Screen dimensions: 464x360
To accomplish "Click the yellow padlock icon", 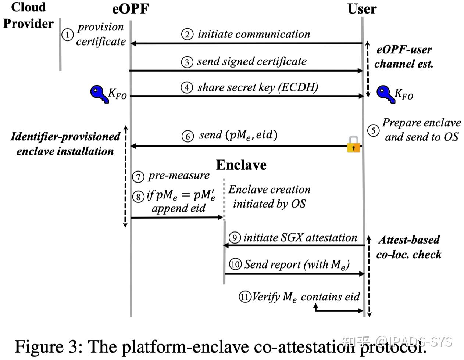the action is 353,144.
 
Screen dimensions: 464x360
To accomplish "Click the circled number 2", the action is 187,34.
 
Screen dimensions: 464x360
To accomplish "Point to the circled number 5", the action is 373,130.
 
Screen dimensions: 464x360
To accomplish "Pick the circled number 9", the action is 235,238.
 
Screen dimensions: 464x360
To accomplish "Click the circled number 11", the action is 245,297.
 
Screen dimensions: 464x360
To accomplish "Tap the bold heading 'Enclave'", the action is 241,165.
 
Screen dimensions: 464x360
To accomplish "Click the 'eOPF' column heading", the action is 131,9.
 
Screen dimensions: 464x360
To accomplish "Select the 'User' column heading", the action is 362,9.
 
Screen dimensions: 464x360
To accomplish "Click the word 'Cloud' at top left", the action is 28,7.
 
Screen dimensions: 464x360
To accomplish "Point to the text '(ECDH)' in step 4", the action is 298,87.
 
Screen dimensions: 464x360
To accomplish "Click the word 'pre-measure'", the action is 179,176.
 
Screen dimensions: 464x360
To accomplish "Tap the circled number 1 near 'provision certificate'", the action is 68,35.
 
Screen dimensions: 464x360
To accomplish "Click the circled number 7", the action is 138,177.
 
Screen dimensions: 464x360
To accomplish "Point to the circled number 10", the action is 235,264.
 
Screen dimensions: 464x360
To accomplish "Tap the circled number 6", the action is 188,136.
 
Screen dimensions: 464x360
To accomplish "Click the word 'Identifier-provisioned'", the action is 65,137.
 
